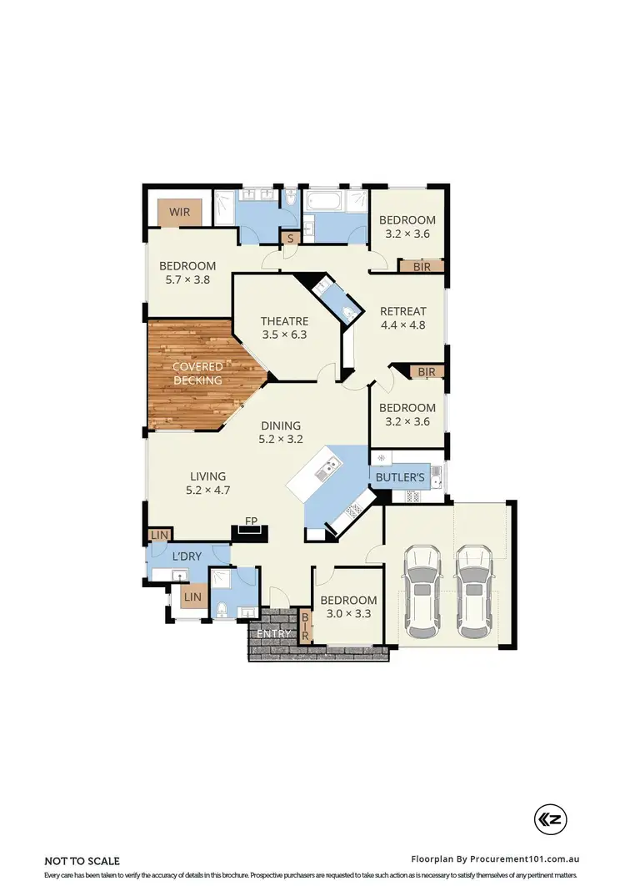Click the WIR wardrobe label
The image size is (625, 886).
coord(180,213)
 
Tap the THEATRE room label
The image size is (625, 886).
coord(284,321)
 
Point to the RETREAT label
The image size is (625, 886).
coord(402,312)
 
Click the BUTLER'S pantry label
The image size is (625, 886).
coord(401,477)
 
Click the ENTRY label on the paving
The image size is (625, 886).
coord(273,634)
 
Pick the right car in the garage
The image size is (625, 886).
coord(474,590)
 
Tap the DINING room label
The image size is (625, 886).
coord(279,425)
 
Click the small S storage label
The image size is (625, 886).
coord(290,239)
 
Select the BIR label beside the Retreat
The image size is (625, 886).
coord(426,371)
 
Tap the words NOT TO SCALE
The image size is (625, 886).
coord(82,860)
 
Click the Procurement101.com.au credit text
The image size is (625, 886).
coord(496,858)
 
